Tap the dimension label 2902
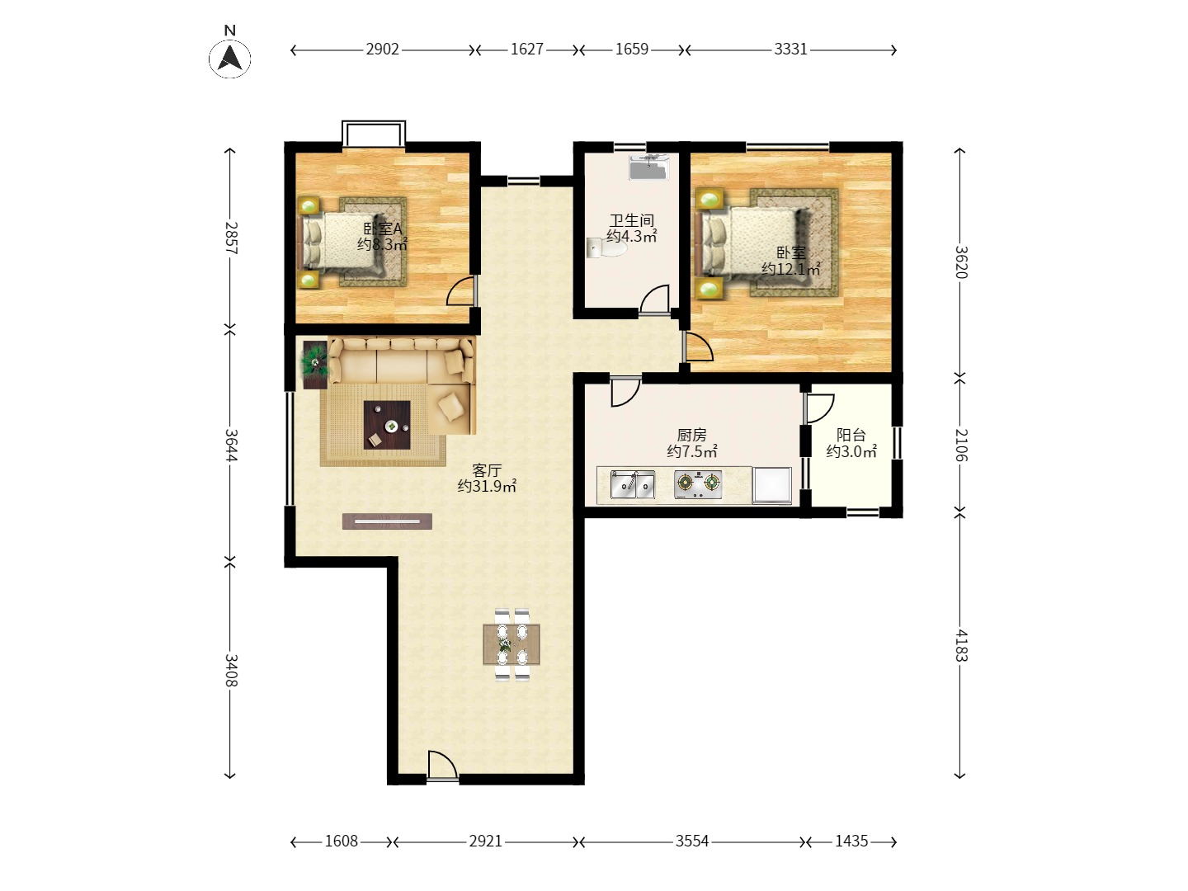coord(382,49)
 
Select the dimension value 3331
coord(790,49)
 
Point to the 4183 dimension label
coord(960,645)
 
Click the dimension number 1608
coord(341,841)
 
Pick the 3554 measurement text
coord(691,841)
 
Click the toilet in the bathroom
coord(606,248)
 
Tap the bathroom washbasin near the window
coord(649,167)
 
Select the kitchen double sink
coord(632,484)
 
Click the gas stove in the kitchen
coord(698,484)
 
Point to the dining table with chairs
coord(511,644)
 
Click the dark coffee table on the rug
coord(387,425)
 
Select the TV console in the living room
coord(387,521)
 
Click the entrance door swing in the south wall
coord(442,765)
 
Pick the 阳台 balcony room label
coord(851,435)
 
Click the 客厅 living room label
coord(487,469)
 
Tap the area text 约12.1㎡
coord(790,268)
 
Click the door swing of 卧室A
coord(460,291)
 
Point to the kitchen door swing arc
coord(626,392)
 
